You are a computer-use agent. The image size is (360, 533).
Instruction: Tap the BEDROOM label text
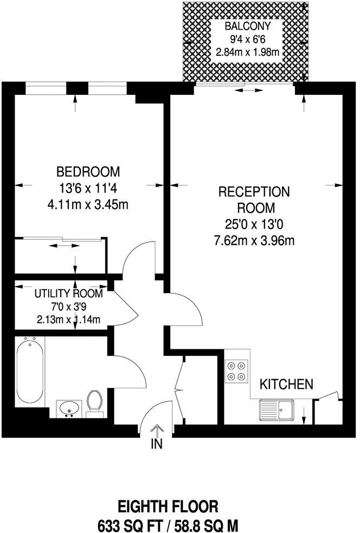[88, 172]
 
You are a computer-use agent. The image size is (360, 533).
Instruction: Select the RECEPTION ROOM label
[254, 199]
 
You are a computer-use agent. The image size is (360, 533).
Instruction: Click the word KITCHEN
[287, 385]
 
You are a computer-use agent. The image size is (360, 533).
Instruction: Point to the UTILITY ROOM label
[68, 294]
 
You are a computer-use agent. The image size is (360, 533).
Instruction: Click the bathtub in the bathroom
[29, 370]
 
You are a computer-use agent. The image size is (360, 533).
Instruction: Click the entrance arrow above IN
[156, 430]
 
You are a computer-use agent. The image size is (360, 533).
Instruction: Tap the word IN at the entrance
[156, 444]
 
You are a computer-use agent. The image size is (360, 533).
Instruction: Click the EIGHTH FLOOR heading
[168, 507]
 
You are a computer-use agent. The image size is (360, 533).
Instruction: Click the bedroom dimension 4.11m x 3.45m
[88, 205]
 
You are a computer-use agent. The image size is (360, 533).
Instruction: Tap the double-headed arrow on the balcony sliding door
[246, 90]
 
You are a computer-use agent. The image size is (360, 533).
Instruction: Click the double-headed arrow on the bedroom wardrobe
[60, 246]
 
